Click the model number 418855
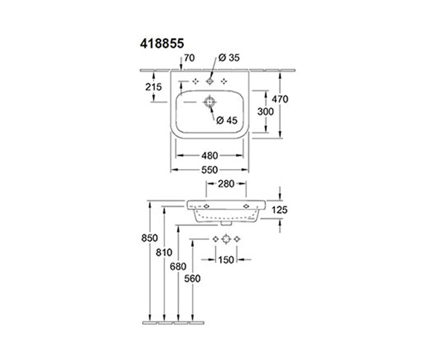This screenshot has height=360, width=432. pyautogui.click(x=162, y=44)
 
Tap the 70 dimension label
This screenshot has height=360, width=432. pyautogui.click(x=189, y=58)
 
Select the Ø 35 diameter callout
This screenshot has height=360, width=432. pyautogui.click(x=229, y=58)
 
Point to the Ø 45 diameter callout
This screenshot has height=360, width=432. pyautogui.click(x=227, y=120)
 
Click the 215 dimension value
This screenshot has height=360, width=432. pyautogui.click(x=153, y=87)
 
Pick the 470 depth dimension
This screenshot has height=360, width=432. pyautogui.click(x=280, y=99)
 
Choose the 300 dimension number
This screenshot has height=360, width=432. pyautogui.click(x=265, y=112)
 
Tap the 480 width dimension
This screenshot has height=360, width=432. pyautogui.click(x=210, y=156)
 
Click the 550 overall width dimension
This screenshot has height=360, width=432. pyautogui.click(x=210, y=170)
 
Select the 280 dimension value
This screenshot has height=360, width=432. pyautogui.click(x=226, y=184)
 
